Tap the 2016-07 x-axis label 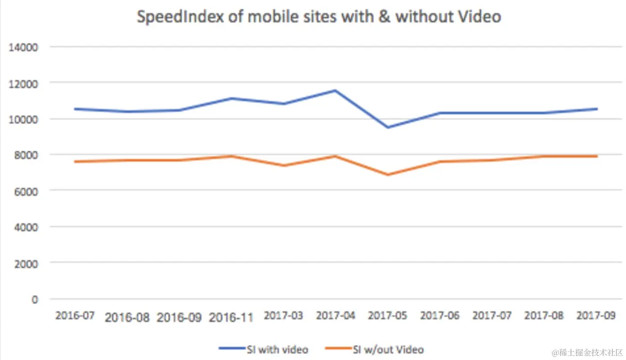[x=75, y=315]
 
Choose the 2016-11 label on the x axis [x=231, y=318]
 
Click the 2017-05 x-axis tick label [x=388, y=315]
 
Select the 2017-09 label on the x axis [x=596, y=315]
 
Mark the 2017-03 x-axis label [x=283, y=315]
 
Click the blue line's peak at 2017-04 [x=335, y=90]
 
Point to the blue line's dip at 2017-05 [x=388, y=127]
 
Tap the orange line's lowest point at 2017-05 [x=388, y=174]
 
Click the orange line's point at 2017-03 [x=283, y=165]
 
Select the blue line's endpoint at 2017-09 [x=596, y=109]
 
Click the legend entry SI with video [x=264, y=349]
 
